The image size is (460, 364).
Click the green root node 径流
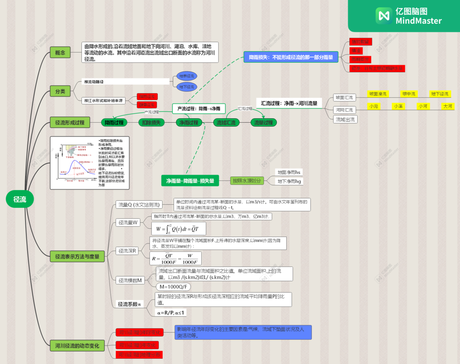(x=20, y=199)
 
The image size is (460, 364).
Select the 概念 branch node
(x=60, y=52)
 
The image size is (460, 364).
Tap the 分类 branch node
(x=60, y=91)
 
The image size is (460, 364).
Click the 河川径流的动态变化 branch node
(x=77, y=345)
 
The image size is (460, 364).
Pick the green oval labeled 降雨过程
(x=114, y=122)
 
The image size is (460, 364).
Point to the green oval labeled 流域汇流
(x=226, y=122)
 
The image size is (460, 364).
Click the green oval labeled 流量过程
(x=263, y=122)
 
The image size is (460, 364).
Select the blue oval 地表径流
(x=187, y=76)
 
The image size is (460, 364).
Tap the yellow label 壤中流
(x=409, y=94)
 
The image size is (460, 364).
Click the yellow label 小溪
(x=398, y=106)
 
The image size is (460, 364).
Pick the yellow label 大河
(x=448, y=106)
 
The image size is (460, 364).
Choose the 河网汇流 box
(x=344, y=110)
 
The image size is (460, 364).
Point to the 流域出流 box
(x=345, y=119)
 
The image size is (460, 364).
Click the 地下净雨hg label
(x=290, y=181)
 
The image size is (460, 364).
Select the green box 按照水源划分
(x=247, y=181)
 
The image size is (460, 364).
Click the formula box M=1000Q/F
(x=173, y=286)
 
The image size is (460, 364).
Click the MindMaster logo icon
(x=384, y=16)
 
